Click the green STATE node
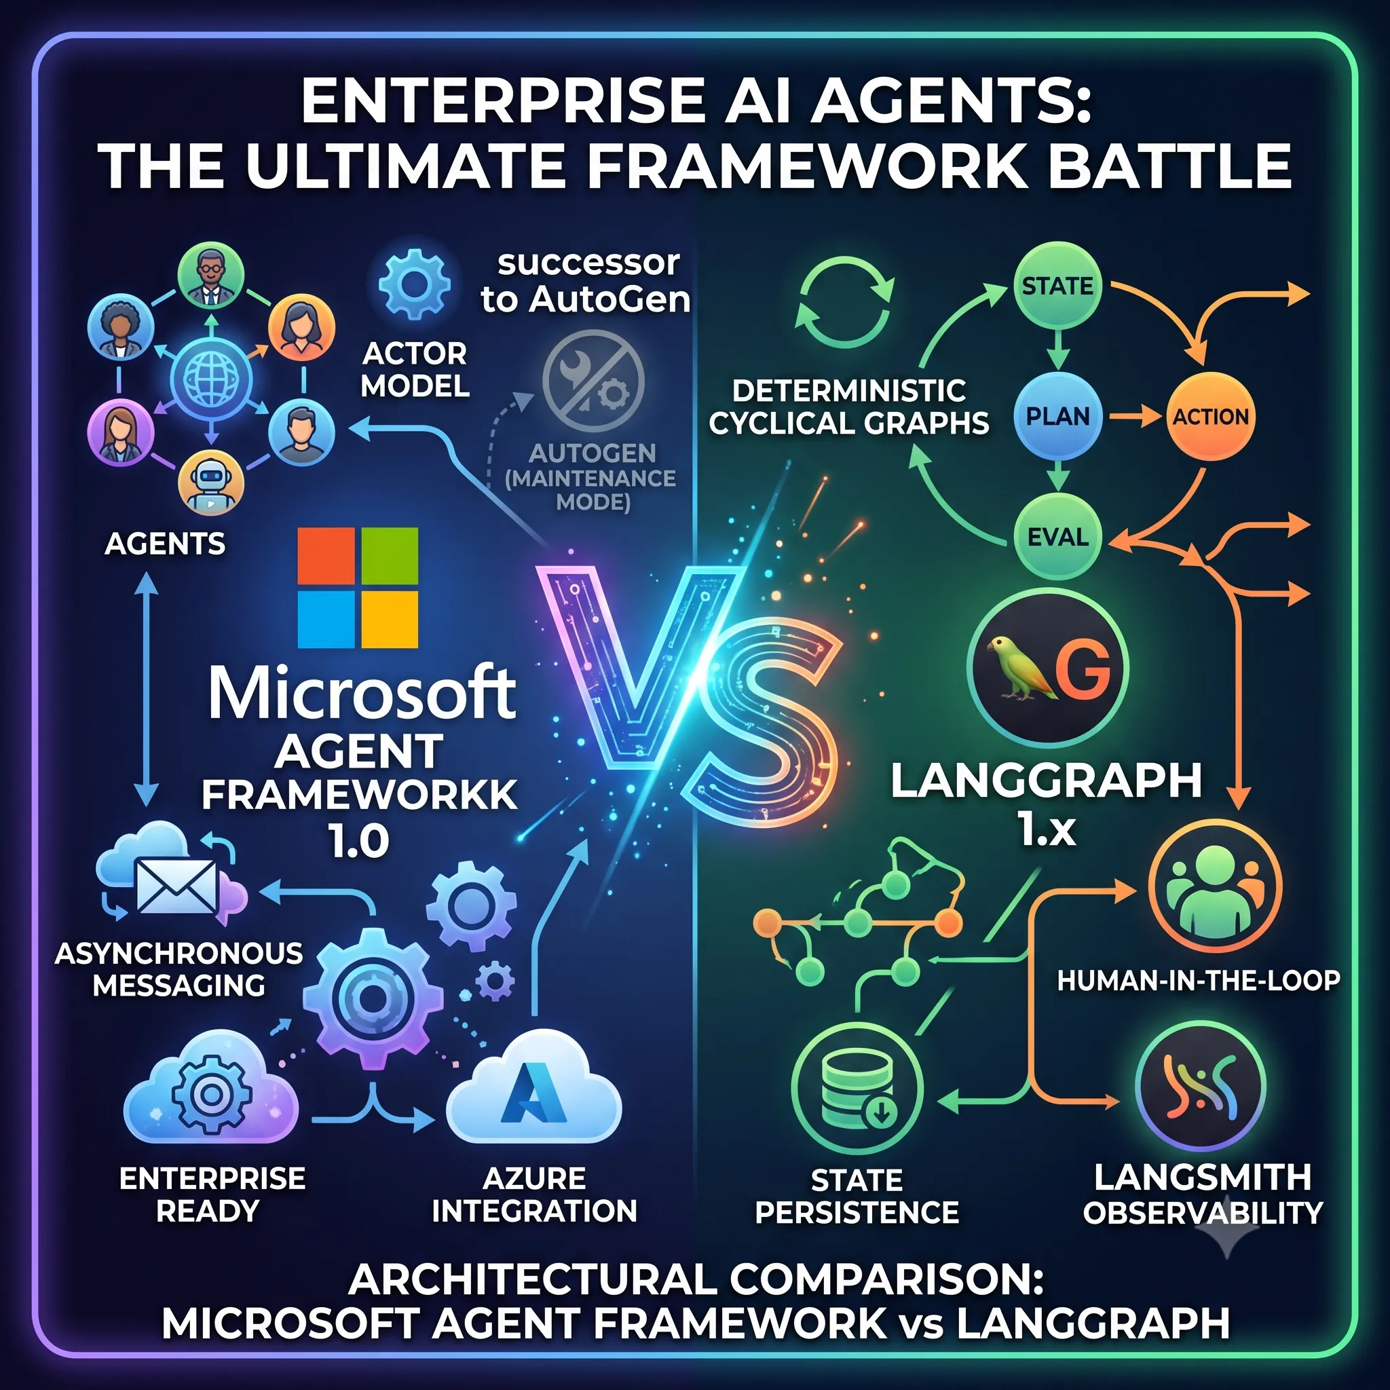tap(1057, 286)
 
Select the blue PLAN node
tap(1057, 416)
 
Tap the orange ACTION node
tap(1211, 416)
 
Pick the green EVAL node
tap(1057, 537)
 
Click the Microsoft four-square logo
tap(358, 588)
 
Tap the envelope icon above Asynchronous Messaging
tap(177, 886)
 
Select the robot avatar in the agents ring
tap(211, 484)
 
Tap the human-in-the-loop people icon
tap(1214, 886)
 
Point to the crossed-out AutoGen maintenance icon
tap(593, 381)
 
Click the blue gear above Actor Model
tap(415, 284)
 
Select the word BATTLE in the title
tap(1169, 166)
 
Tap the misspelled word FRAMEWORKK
tap(359, 795)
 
